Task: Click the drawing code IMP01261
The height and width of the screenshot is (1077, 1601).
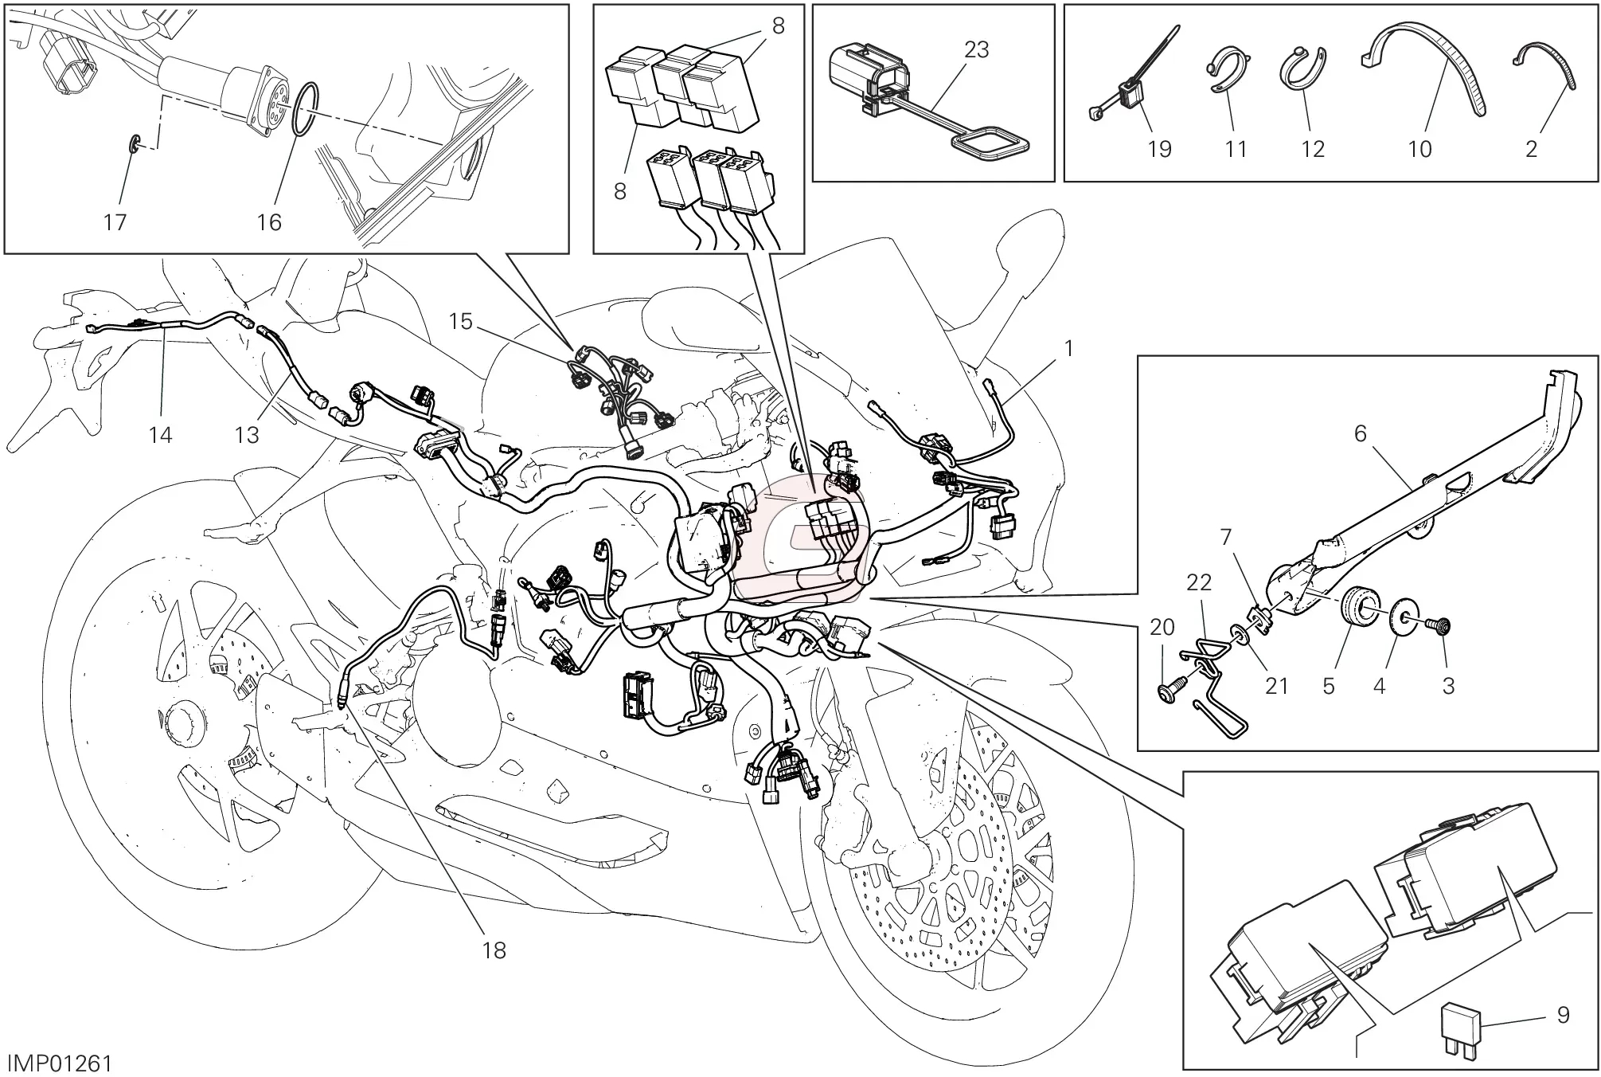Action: tap(60, 1063)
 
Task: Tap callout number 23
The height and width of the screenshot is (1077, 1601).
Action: tap(976, 49)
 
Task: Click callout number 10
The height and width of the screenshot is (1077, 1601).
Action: tap(1419, 149)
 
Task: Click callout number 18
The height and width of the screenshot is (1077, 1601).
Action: tap(494, 950)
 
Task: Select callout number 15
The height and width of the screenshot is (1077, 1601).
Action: tap(460, 322)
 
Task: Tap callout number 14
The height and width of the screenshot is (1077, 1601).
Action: tap(160, 435)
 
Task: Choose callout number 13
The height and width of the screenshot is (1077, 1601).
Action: tap(248, 435)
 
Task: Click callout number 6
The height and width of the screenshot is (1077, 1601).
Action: tap(1360, 433)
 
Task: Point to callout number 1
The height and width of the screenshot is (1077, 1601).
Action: tap(1069, 349)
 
